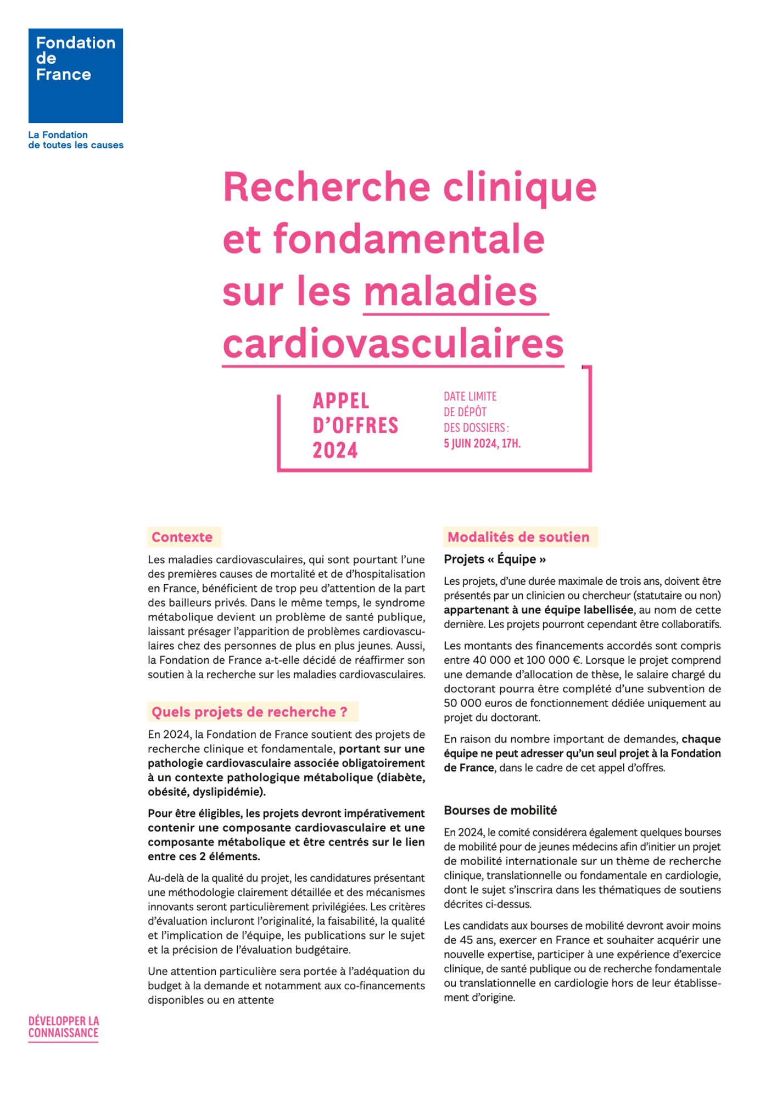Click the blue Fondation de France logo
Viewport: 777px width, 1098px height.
tap(76, 76)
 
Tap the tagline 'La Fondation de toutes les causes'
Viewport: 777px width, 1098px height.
tap(76, 140)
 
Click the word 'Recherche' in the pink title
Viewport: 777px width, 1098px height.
tap(326, 187)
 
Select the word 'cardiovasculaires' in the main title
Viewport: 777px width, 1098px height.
tap(393, 344)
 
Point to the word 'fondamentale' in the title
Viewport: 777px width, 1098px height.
tap(409, 239)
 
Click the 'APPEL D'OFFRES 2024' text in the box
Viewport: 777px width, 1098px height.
tap(355, 425)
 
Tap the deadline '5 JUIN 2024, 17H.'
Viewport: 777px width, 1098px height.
tap(482, 444)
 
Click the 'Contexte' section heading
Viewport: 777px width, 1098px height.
tap(182, 537)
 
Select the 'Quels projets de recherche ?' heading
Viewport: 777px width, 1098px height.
tap(249, 712)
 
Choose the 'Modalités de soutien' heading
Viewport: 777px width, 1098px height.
tap(518, 537)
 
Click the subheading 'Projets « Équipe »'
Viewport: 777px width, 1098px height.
tap(495, 559)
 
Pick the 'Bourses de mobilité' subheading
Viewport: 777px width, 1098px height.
tap(500, 810)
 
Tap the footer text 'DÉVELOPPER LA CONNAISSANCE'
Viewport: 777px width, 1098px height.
tap(64, 1027)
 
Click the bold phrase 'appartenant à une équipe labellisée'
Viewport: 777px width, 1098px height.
tap(538, 610)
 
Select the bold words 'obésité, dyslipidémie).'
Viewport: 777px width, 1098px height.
tap(206, 792)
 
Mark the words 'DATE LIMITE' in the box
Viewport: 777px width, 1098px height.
tap(470, 396)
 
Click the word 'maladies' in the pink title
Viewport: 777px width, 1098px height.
tap(450, 292)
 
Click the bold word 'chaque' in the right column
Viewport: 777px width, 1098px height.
tap(701, 739)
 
